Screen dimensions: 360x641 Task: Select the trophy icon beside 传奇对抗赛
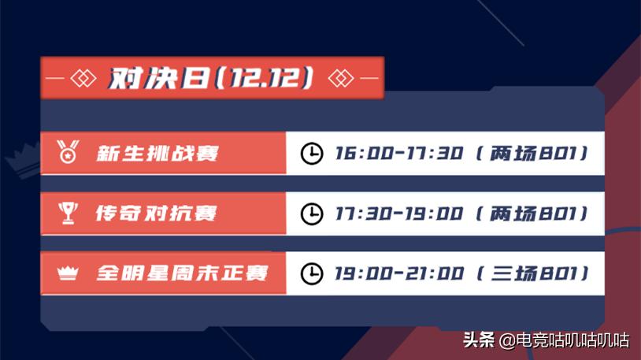[x=68, y=213]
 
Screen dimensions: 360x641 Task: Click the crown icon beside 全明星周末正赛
[x=68, y=273]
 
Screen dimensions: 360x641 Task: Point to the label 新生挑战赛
[x=157, y=153]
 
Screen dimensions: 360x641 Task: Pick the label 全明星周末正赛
[x=182, y=273]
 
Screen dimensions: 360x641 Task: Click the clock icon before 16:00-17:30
[x=313, y=153]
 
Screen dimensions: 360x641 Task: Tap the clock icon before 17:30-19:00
[x=313, y=213]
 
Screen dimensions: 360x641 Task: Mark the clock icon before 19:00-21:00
[x=313, y=273]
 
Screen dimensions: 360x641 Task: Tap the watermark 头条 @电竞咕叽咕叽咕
[x=545, y=340]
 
